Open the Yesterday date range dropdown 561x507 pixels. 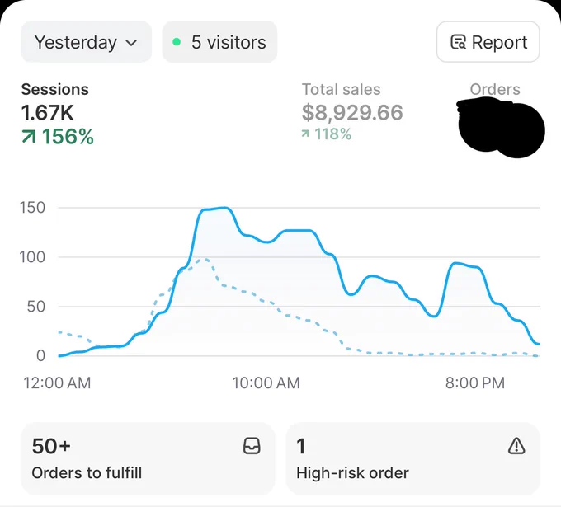point(87,42)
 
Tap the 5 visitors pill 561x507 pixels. point(219,42)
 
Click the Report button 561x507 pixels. point(488,42)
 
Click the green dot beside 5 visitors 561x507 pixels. point(177,42)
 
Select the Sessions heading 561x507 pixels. point(54,89)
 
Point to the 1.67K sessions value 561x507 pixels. point(47,113)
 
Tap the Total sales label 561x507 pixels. point(342,89)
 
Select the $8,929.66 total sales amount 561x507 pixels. point(352,112)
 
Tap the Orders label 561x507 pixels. point(495,89)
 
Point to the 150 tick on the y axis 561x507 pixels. point(32,208)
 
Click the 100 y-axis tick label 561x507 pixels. point(32,257)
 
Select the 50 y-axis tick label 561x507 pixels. point(36,307)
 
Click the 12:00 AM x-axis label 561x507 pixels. point(57,383)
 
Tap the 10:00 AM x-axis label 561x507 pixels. point(266,383)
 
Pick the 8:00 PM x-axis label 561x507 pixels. point(475,383)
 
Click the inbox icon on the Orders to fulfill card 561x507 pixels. point(252,446)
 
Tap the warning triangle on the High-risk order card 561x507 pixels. point(516,446)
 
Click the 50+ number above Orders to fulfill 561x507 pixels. point(51,446)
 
